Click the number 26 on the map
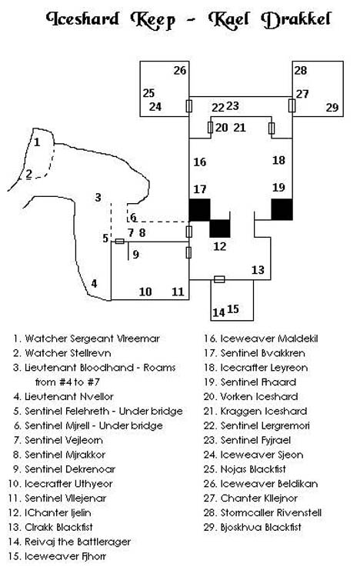click(x=180, y=70)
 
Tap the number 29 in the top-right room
click(x=332, y=108)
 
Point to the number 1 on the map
click(x=37, y=142)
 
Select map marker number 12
click(x=219, y=246)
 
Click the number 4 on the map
click(x=94, y=283)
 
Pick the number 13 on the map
click(x=258, y=270)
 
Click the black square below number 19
click(x=282, y=209)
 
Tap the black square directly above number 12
click(x=220, y=228)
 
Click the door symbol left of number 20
click(x=210, y=128)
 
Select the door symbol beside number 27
click(x=292, y=105)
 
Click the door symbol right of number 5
click(x=119, y=242)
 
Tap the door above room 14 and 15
click(x=219, y=279)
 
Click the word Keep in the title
click(x=152, y=21)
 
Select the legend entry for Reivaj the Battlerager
click(x=69, y=542)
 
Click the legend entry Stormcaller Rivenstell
click(x=262, y=512)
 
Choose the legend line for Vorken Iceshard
click(x=251, y=397)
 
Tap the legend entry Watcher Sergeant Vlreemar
click(x=86, y=339)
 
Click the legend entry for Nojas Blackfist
click(x=245, y=469)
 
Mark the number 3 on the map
click(x=98, y=198)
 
